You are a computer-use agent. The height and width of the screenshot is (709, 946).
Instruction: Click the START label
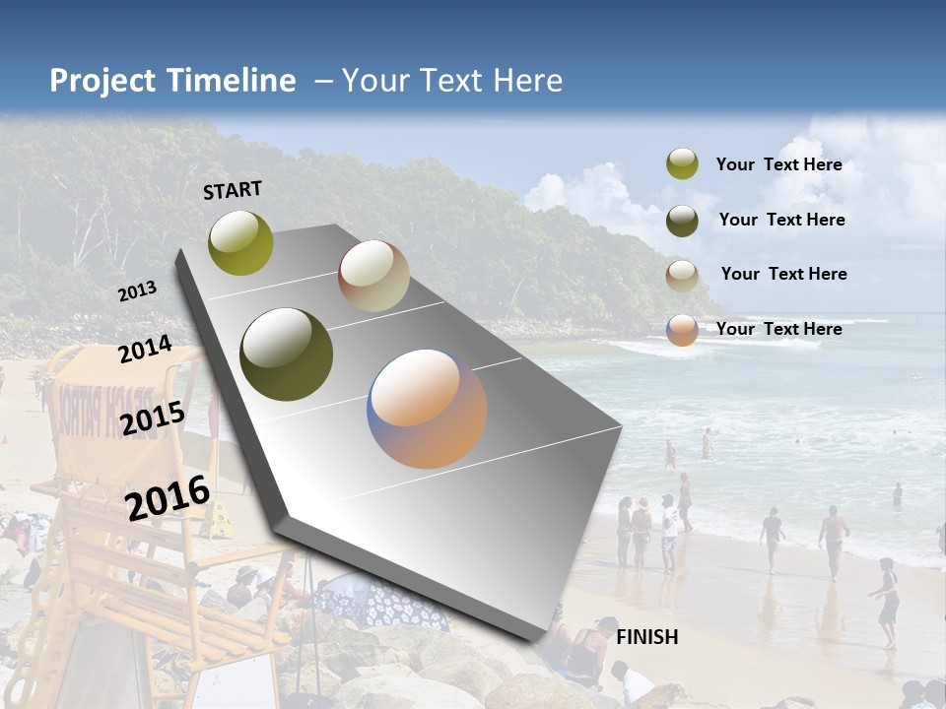click(233, 190)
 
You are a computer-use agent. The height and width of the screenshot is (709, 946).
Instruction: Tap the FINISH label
click(646, 637)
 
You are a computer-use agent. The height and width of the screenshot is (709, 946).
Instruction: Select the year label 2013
click(137, 291)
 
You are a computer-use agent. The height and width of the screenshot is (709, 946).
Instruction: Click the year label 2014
click(145, 350)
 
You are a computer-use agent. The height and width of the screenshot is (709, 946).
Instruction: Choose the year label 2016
click(168, 498)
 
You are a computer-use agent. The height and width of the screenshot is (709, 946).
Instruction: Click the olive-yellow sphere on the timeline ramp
click(240, 242)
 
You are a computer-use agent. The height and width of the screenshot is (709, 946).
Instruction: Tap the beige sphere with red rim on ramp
click(373, 276)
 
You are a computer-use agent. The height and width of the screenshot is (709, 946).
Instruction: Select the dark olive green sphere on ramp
click(286, 354)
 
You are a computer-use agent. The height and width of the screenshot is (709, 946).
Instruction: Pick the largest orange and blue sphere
click(427, 409)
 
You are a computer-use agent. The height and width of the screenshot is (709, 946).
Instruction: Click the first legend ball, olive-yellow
click(682, 164)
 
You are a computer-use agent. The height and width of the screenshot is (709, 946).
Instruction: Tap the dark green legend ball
click(682, 221)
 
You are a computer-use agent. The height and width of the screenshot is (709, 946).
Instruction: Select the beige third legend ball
click(682, 275)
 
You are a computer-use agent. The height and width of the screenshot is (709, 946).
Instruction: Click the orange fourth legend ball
click(682, 330)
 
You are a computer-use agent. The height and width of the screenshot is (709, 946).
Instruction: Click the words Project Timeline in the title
click(172, 81)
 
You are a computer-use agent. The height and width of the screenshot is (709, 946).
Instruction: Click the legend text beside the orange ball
click(778, 329)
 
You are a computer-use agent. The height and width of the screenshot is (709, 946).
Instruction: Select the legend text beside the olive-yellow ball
click(778, 164)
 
